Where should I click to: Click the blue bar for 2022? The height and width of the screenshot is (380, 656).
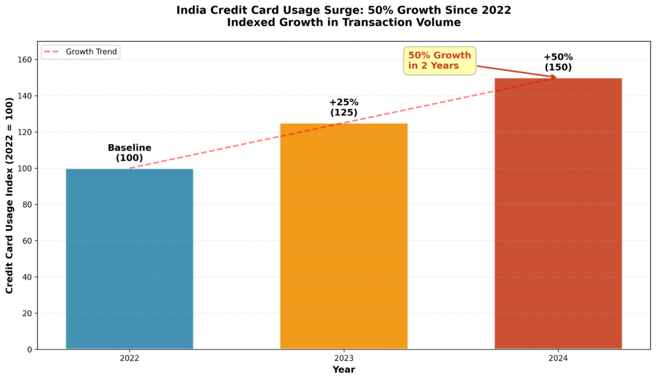tap(129, 259)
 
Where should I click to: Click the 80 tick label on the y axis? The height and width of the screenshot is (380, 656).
tap(27, 205)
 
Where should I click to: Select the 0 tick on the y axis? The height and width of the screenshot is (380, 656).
tap(29, 350)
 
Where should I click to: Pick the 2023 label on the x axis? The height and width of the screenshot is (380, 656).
tap(343, 358)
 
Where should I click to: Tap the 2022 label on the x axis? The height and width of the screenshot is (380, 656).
tap(129, 358)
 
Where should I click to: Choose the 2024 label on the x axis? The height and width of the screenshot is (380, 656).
tap(558, 358)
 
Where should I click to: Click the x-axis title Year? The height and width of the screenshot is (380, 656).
tap(343, 370)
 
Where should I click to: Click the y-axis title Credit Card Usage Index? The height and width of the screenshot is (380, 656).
tap(10, 195)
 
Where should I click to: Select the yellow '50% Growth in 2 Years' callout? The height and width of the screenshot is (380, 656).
tap(439, 61)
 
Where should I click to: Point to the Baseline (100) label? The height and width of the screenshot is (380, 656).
tap(129, 153)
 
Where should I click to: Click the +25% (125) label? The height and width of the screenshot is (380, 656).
tap(343, 107)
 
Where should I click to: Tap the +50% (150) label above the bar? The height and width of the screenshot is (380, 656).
tap(558, 62)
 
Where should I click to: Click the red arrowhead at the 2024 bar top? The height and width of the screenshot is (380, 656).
tap(554, 78)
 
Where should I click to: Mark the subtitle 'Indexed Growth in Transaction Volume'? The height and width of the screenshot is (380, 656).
tap(343, 22)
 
